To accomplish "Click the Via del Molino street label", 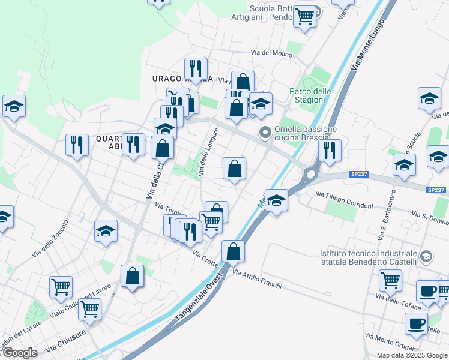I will coord(271,53).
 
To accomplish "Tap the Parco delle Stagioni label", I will coord(310,95).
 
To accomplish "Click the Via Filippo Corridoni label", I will coord(344,200).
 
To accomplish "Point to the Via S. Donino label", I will coord(430,214).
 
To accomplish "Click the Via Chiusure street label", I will coord(65,342).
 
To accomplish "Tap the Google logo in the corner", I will coord(19,353).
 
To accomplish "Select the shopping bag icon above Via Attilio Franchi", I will coord(233,250).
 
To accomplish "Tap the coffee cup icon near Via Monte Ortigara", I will coord(416,324).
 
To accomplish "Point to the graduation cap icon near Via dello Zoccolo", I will coord(106,230).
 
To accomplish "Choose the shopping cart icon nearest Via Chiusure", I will coord(90,309).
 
